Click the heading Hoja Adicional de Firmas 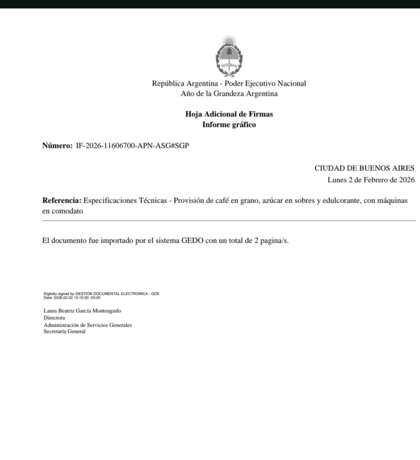point(229,114)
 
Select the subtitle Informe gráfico point(229,125)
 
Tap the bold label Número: point(57,146)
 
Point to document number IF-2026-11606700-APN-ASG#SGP point(133,146)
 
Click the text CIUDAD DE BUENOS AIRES point(364,168)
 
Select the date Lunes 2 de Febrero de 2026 point(371,180)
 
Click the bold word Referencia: point(62,200)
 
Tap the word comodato point(67,211)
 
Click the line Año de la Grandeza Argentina point(229,94)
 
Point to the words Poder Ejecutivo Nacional point(265,83)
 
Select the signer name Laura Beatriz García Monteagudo point(82,311)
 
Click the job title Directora point(54,318)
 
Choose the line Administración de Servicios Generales point(88,325)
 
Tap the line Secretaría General point(64,332)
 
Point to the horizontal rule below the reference point(229,221)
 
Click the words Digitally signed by point(59,294)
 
